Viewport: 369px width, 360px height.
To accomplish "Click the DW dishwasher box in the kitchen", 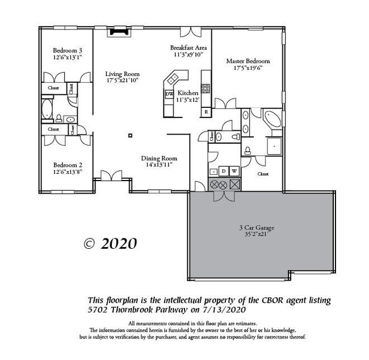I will point(169,94).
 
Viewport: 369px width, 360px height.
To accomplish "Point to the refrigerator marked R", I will point(206,112).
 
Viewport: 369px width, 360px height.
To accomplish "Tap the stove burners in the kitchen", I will point(205,88).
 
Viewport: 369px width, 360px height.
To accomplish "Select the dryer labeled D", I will point(224,171).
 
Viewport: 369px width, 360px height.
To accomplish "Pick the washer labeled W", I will point(234,171).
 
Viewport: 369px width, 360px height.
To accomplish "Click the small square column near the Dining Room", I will point(131,135).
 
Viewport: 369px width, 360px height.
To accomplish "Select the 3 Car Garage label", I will point(257,228).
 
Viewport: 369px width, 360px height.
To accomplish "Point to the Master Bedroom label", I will point(248,61).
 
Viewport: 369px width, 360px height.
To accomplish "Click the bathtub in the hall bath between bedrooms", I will point(46,109).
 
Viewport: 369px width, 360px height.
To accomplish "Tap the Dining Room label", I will point(159,158).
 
